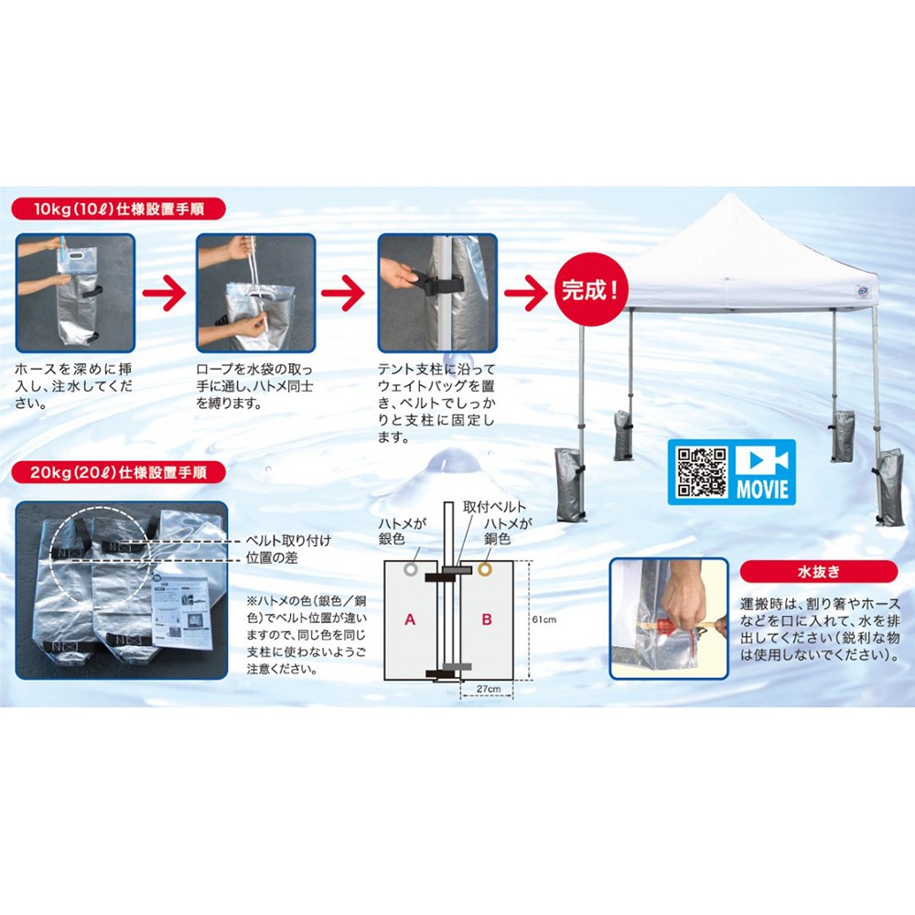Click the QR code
[701, 472]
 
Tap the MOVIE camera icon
[761, 461]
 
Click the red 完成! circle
[590, 289]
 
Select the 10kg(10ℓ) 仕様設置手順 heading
[118, 209]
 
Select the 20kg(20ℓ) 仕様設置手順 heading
[118, 472]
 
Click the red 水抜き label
[818, 571]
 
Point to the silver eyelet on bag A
[411, 569]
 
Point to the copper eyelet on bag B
[485, 569]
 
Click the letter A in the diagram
[410, 619]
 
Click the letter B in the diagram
[487, 619]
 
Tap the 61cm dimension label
[544, 619]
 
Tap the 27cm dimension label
[489, 689]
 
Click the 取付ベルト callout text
[494, 507]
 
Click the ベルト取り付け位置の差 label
[288, 549]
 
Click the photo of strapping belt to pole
[437, 293]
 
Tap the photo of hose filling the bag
[75, 293]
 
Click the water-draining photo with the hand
[669, 619]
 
